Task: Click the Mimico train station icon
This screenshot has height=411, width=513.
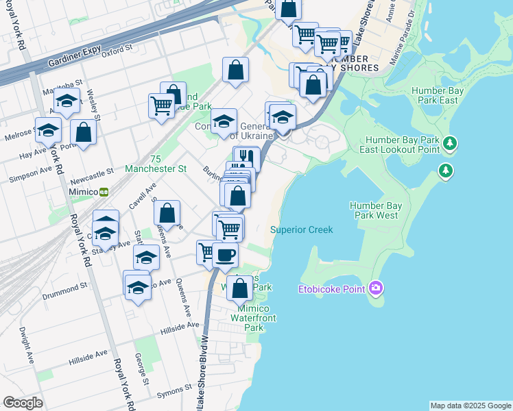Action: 104,192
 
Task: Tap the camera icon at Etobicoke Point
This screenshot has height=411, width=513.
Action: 375,288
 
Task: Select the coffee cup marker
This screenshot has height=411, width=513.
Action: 225,255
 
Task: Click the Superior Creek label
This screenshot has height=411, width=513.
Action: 301,230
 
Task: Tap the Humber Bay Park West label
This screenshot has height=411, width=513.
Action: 374,210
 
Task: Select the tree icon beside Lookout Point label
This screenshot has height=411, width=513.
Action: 449,144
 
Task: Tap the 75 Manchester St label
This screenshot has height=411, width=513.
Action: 155,162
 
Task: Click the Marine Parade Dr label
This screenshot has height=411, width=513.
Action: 403,46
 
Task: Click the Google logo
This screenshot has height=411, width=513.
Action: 23,403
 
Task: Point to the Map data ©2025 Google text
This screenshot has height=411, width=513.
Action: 470,406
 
